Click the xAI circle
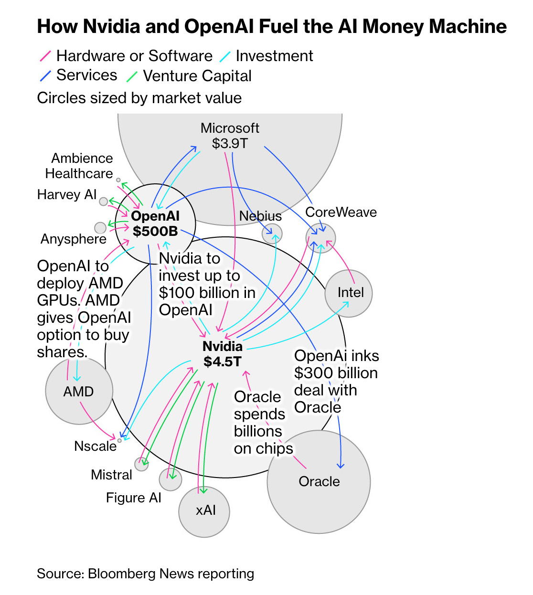204,511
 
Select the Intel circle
349,293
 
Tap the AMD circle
79,391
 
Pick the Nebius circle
272,234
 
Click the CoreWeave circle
320,238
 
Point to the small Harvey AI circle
103,202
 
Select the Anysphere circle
100,227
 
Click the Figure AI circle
171,479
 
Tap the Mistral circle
141,464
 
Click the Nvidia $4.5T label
223,354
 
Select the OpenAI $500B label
155,223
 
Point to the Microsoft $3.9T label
230,136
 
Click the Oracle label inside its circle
319,481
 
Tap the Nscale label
96,446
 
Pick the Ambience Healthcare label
79,166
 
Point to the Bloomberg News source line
145,574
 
